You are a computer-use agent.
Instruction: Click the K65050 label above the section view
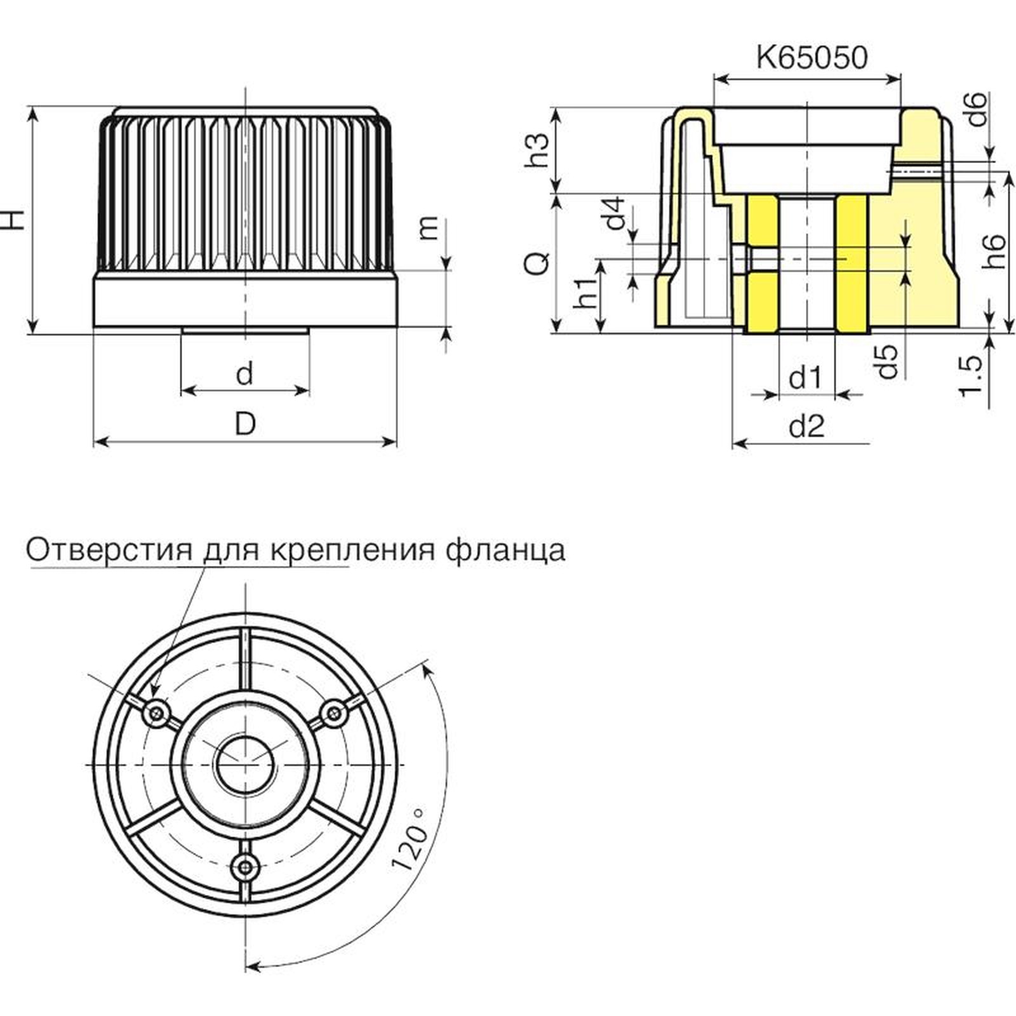(811, 58)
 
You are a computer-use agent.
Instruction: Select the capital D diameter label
(245, 424)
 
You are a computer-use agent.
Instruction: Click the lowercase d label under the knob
(244, 374)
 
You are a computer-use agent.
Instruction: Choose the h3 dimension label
(537, 150)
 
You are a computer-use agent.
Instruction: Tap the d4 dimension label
(615, 213)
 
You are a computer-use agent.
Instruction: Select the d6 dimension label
(977, 109)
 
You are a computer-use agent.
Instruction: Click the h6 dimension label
(994, 251)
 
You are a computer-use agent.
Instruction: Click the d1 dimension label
(805, 378)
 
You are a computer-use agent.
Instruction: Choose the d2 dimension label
(806, 426)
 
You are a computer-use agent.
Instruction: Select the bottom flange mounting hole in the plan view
(244, 865)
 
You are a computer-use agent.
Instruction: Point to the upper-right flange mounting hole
(334, 714)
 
